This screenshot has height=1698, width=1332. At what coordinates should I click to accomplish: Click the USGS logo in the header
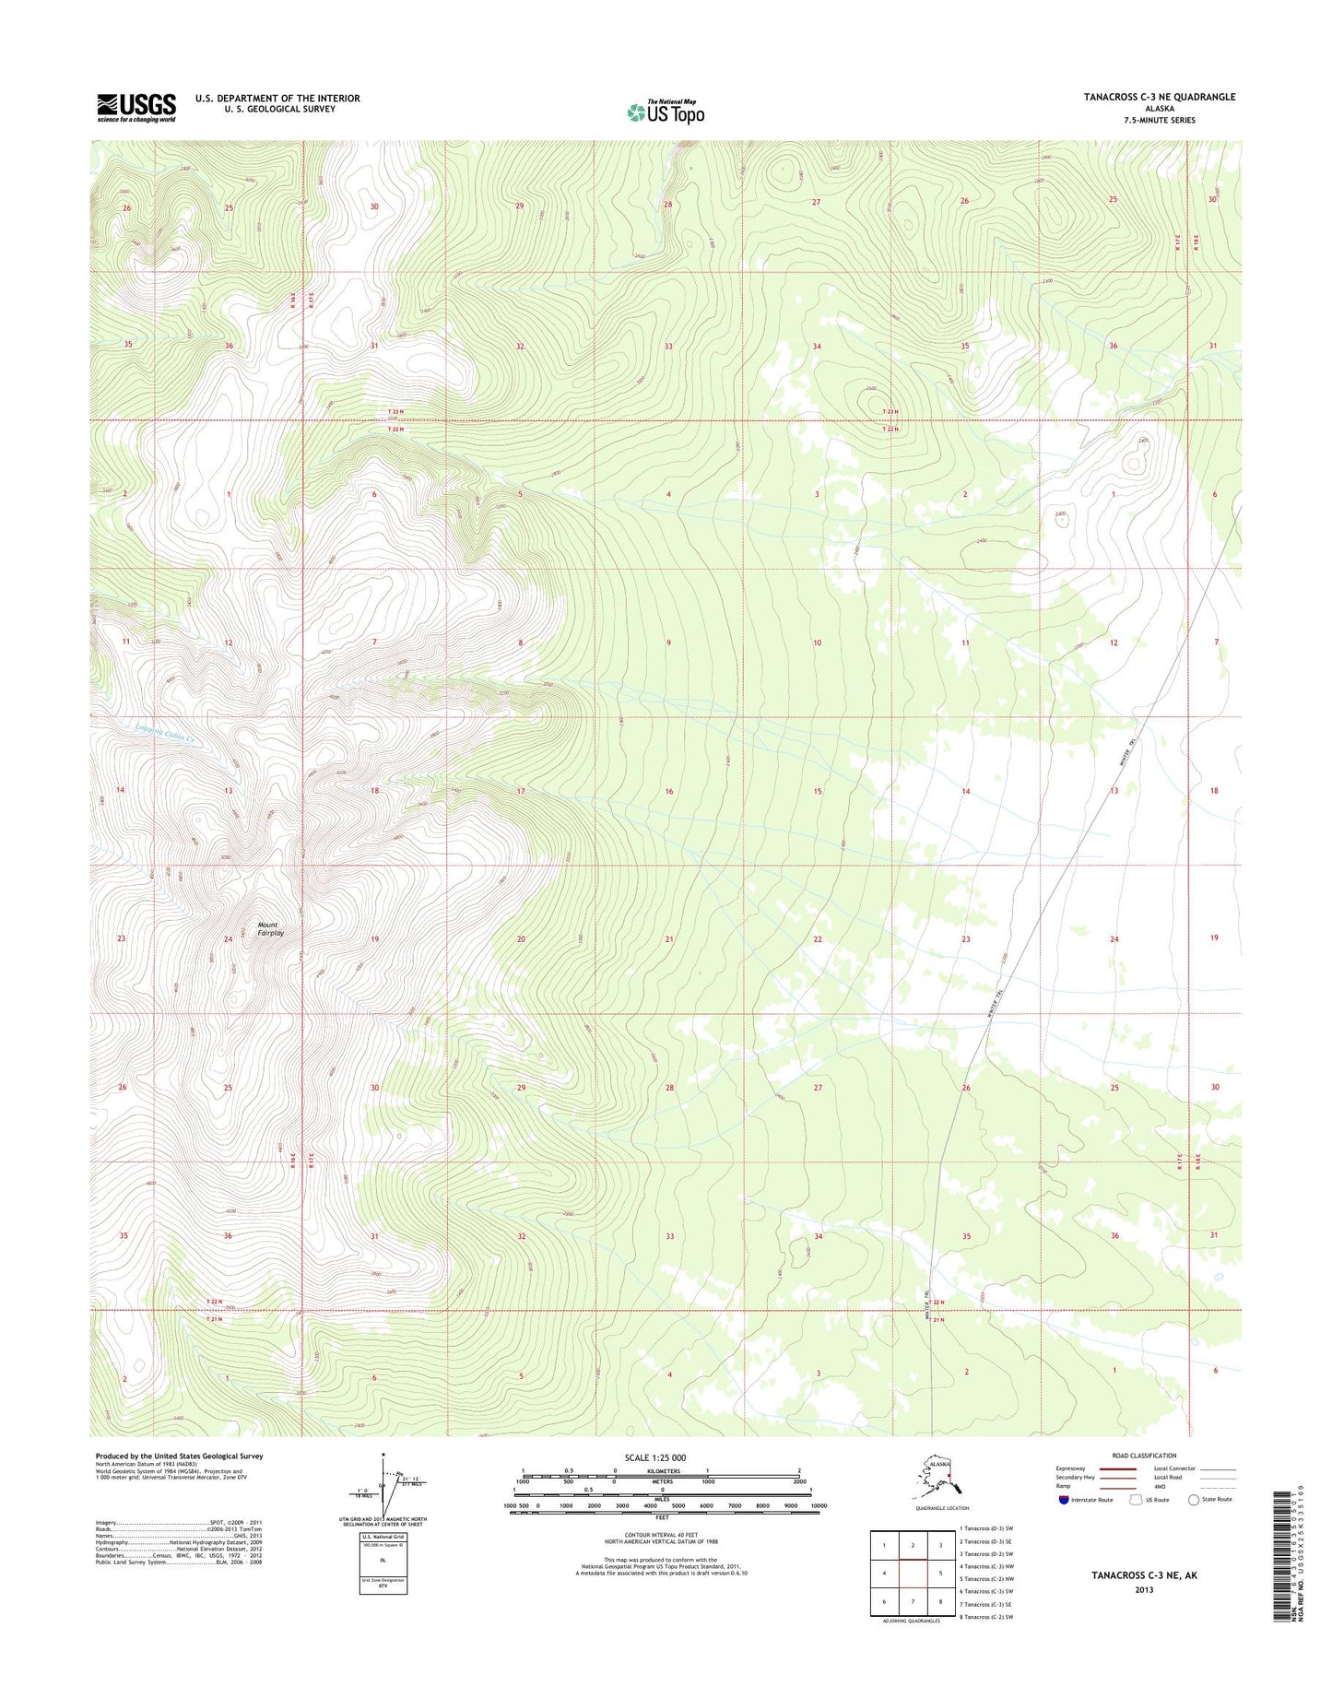136,107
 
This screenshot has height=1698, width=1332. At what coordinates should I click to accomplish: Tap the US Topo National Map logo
666,112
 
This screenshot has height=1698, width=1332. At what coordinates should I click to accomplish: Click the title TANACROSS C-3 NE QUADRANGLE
1159,97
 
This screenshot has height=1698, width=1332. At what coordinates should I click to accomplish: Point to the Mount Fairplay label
270,928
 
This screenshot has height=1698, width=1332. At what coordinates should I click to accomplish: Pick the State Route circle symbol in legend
1194,1500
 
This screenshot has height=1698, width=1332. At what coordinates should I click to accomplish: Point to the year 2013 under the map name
1144,1589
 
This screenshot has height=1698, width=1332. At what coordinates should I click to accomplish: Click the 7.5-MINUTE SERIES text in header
1159,120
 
